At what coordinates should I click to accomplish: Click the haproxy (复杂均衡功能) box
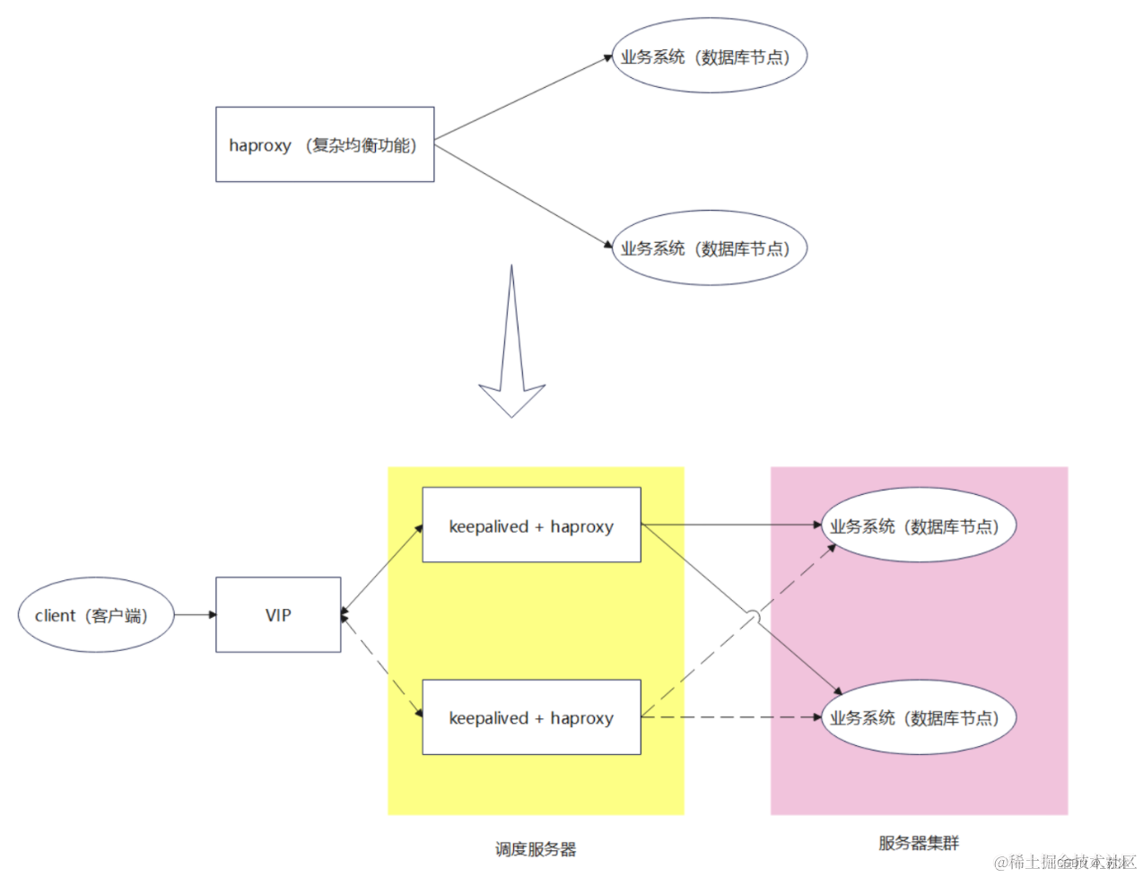pyautogui.click(x=325, y=144)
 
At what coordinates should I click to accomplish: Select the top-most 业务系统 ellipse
pyautogui.click(x=709, y=56)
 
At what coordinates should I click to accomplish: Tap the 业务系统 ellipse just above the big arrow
pyautogui.click(x=709, y=247)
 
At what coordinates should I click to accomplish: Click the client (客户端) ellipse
pyautogui.click(x=96, y=615)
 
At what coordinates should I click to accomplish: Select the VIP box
pyautogui.click(x=278, y=615)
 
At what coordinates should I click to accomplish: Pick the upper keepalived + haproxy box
pyautogui.click(x=531, y=525)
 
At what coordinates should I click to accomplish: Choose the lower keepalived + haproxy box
pyautogui.click(x=531, y=717)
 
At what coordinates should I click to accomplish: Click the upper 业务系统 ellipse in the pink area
pyautogui.click(x=918, y=525)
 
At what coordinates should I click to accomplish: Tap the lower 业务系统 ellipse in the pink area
pyautogui.click(x=918, y=717)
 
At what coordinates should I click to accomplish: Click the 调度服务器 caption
pyautogui.click(x=536, y=849)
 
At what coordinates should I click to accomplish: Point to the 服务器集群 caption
pyautogui.click(x=919, y=843)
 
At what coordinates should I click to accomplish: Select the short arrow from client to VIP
pyautogui.click(x=195, y=615)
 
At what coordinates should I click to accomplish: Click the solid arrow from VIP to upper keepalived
pyautogui.click(x=382, y=569)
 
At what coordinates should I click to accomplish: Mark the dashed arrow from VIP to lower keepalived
pyautogui.click(x=382, y=665)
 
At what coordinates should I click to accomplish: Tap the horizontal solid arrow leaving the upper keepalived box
pyautogui.click(x=731, y=525)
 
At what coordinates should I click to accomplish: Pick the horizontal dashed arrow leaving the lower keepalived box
pyautogui.click(x=731, y=717)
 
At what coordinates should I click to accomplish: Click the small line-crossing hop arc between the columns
pyautogui.click(x=755, y=618)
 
